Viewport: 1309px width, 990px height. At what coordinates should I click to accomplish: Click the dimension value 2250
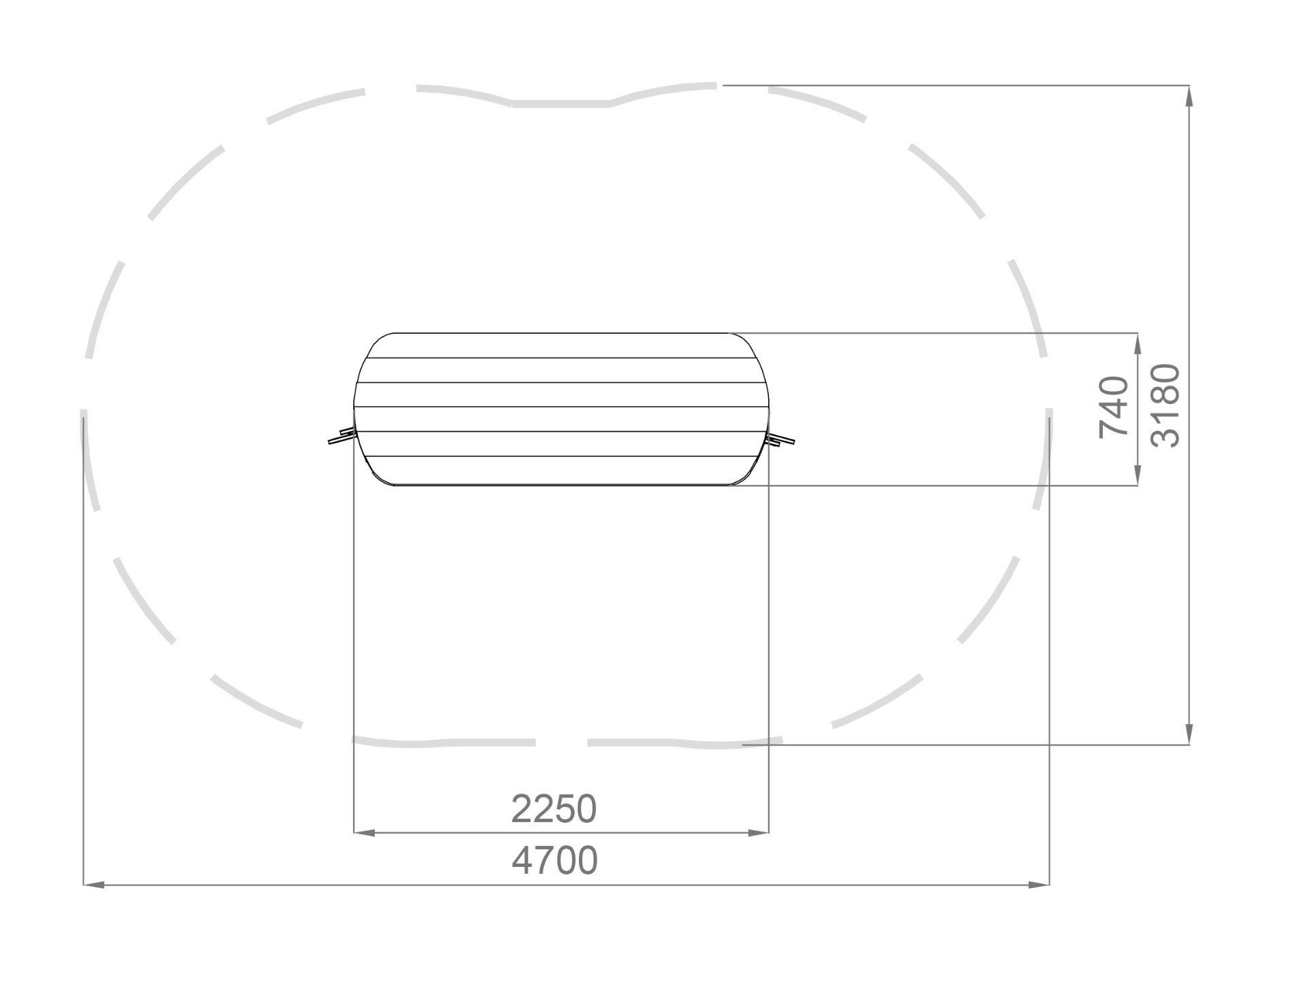click(x=554, y=809)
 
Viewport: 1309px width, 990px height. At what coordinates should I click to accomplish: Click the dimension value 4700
click(x=554, y=861)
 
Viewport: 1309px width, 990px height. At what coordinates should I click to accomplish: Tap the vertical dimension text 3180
click(x=1165, y=405)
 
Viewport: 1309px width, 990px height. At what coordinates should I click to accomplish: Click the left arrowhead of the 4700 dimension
click(x=94, y=885)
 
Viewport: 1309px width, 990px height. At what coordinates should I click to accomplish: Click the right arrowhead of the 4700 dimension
click(x=1039, y=885)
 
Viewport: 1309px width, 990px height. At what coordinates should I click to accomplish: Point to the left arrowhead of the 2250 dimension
click(x=365, y=832)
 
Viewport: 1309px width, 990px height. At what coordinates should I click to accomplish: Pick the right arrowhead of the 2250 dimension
click(x=758, y=832)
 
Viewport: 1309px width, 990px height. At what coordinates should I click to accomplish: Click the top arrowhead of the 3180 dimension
click(x=1189, y=97)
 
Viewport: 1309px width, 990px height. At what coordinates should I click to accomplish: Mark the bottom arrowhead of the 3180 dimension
click(x=1189, y=734)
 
